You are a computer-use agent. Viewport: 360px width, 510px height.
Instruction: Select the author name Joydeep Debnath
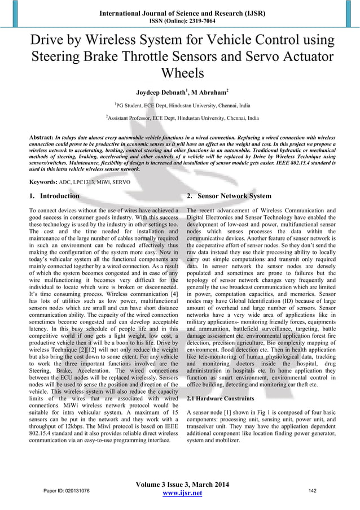tap(160, 92)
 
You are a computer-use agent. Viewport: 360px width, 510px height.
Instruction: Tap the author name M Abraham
tap(208, 92)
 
